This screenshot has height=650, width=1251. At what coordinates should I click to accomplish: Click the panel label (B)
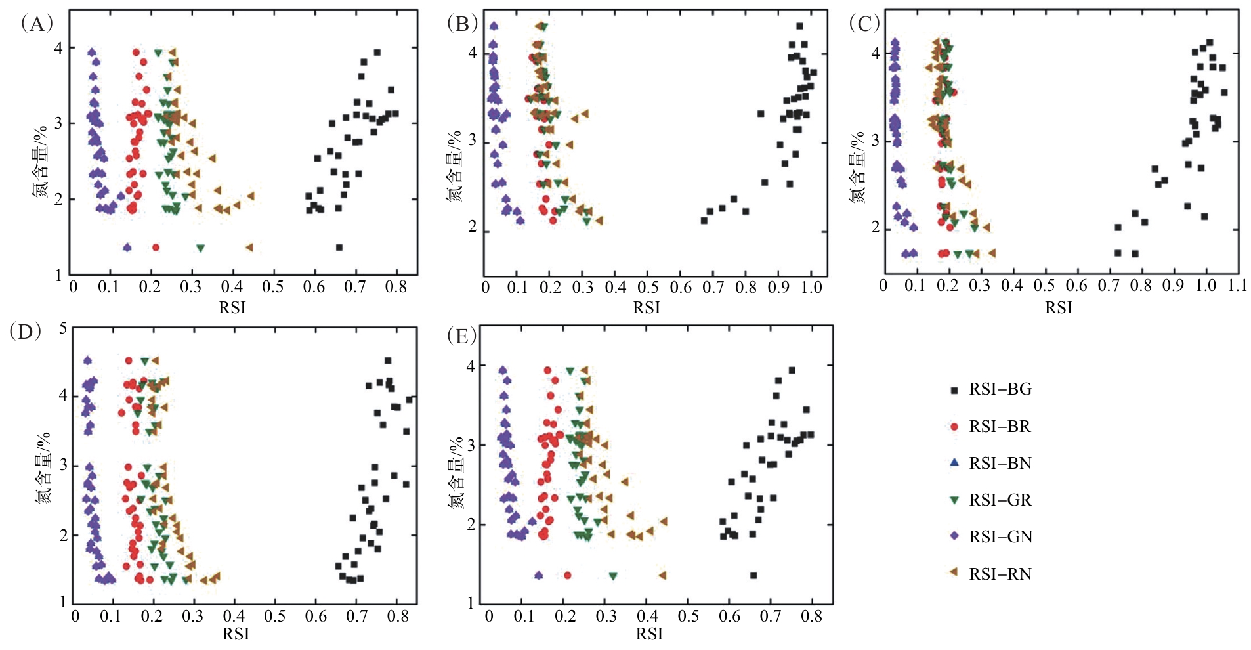click(462, 24)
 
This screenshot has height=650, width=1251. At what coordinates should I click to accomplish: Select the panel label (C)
click(864, 24)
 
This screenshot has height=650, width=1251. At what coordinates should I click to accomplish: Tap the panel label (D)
click(26, 331)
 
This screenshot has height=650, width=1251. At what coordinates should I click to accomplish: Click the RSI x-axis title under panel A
click(232, 307)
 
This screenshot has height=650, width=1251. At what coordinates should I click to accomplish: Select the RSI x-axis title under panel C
click(1058, 307)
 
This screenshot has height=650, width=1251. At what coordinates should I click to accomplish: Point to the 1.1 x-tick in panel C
click(1237, 286)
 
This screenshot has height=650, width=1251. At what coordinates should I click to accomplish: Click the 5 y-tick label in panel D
click(63, 328)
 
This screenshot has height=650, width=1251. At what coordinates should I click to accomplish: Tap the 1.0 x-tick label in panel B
click(811, 288)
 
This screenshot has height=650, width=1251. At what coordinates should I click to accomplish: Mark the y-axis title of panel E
click(456, 473)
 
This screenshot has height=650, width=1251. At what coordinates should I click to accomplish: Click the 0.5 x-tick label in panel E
click(688, 617)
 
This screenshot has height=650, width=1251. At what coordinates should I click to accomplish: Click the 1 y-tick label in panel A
click(59, 276)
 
